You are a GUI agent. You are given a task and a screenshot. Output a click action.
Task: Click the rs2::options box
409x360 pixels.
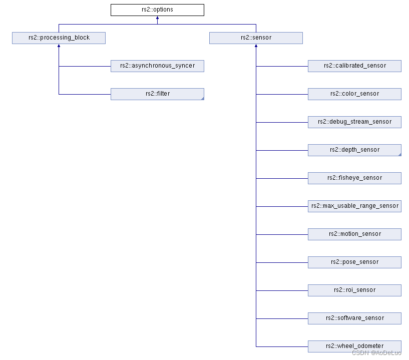pyautogui.click(x=157, y=10)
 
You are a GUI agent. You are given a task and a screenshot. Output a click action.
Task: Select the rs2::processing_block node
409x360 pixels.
pyautogui.click(x=59, y=38)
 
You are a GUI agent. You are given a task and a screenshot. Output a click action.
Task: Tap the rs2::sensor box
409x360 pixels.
pyautogui.click(x=256, y=38)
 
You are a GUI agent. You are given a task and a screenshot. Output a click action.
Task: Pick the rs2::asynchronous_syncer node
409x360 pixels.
pyautogui.click(x=157, y=66)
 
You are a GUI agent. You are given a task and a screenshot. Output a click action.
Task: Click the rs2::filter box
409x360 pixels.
pyautogui.click(x=157, y=94)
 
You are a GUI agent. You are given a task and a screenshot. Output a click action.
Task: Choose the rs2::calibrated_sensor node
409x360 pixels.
pyautogui.click(x=354, y=66)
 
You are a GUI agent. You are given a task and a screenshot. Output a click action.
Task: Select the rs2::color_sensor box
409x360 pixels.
pyautogui.click(x=354, y=94)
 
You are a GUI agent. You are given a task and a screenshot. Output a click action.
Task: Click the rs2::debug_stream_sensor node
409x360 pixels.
pyautogui.click(x=354, y=122)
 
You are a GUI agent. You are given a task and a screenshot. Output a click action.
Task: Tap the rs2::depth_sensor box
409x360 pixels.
pyautogui.click(x=354, y=150)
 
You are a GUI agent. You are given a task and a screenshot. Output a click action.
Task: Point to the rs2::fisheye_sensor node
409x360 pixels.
pyautogui.click(x=354, y=178)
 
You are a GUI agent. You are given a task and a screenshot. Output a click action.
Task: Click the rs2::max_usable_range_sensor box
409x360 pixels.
pyautogui.click(x=354, y=206)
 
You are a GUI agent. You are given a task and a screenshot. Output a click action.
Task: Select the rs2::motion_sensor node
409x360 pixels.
pyautogui.click(x=354, y=234)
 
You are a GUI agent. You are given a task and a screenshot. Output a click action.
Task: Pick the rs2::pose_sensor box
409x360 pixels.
pyautogui.click(x=354, y=262)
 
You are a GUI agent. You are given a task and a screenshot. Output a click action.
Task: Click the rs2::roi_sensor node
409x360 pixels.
pyautogui.click(x=354, y=290)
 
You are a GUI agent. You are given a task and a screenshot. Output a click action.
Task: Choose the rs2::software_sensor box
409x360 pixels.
pyautogui.click(x=354, y=318)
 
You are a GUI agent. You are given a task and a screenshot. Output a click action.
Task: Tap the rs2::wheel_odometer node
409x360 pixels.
pyautogui.click(x=354, y=346)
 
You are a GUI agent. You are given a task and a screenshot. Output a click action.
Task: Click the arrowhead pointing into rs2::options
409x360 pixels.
pyautogui.click(x=157, y=18)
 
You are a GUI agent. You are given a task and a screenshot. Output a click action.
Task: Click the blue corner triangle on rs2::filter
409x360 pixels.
pyautogui.click(x=202, y=99)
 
